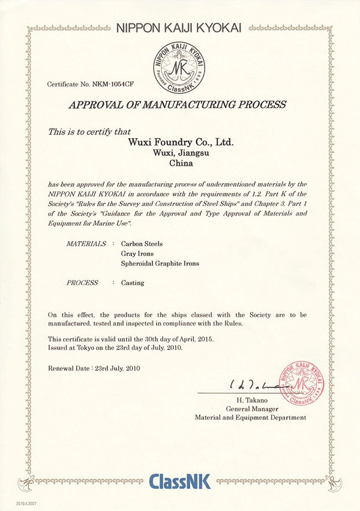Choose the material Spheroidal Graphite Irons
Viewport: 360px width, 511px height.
159,264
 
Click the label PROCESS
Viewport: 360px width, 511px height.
82,283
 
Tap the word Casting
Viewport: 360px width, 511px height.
133,283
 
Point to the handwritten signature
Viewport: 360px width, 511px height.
253,385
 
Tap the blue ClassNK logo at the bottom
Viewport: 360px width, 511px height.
179,482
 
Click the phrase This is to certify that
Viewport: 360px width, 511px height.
94,130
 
